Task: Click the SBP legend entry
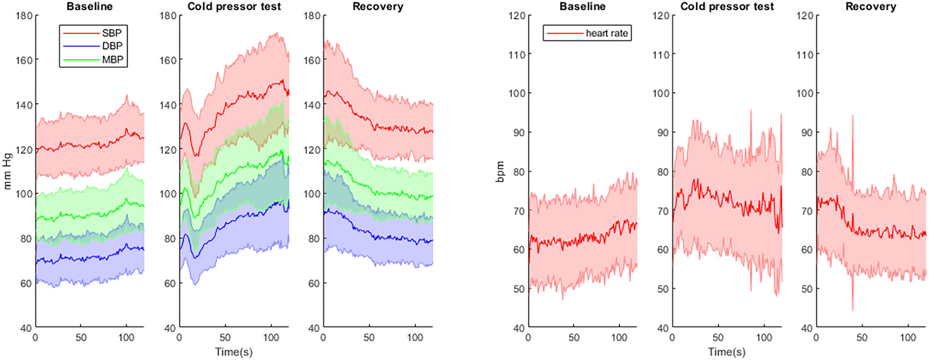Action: click(x=111, y=32)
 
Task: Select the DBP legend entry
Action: click(x=112, y=46)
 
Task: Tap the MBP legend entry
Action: click(x=112, y=60)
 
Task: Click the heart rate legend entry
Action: click(x=606, y=33)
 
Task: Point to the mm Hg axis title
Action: click(x=7, y=171)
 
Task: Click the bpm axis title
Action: click(x=500, y=172)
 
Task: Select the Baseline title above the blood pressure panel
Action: click(x=89, y=7)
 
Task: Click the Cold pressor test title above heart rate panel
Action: click(x=727, y=7)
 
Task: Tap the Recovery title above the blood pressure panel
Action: click(x=377, y=7)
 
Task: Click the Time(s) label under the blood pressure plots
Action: click(x=234, y=352)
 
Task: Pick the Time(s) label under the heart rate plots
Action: click(x=727, y=352)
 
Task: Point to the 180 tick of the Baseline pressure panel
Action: click(x=24, y=16)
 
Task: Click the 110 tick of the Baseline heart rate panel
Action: click(x=517, y=54)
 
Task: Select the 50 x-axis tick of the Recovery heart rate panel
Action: click(x=862, y=338)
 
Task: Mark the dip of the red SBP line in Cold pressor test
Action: click(x=196, y=155)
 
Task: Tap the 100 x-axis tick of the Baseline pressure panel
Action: click(x=126, y=338)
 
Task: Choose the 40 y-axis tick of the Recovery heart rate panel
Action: click(x=807, y=328)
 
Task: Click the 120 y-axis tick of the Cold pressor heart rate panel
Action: click(x=661, y=16)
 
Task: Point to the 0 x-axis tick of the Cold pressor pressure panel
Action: click(x=179, y=338)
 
